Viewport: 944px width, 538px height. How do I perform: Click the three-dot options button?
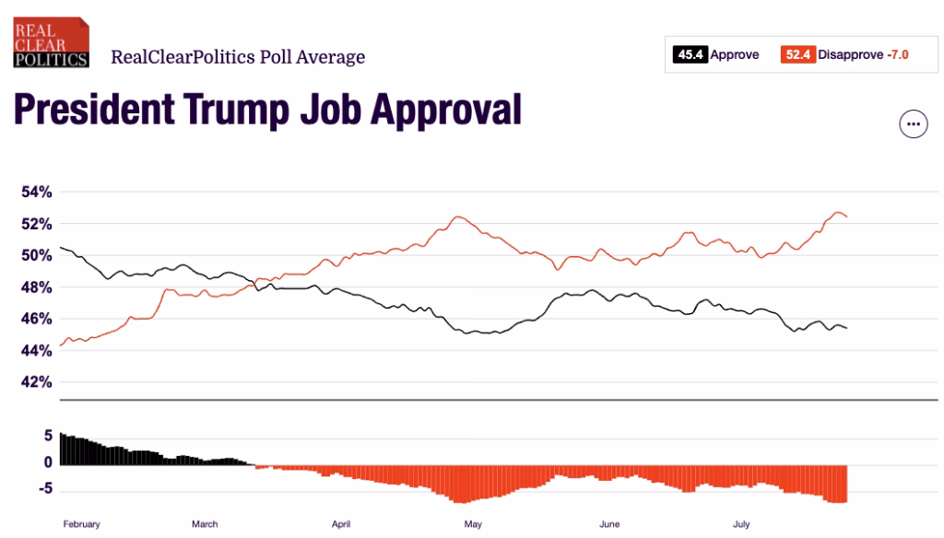pos(913,123)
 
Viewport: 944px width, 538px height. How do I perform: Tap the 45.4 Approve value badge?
pos(691,55)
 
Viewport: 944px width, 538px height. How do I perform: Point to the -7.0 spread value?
pos(897,55)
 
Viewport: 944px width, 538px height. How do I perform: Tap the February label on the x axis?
pos(81,524)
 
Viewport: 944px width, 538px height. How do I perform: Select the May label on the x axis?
pos(473,524)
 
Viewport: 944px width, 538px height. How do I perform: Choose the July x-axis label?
pos(741,524)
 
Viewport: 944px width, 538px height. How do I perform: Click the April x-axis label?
pos(341,524)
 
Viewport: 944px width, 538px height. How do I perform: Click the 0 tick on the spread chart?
pos(49,462)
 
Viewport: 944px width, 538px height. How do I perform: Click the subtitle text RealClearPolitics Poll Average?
pos(238,57)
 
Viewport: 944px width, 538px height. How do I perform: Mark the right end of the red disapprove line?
pos(846,216)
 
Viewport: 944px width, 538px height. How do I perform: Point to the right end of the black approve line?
pos(846,328)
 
